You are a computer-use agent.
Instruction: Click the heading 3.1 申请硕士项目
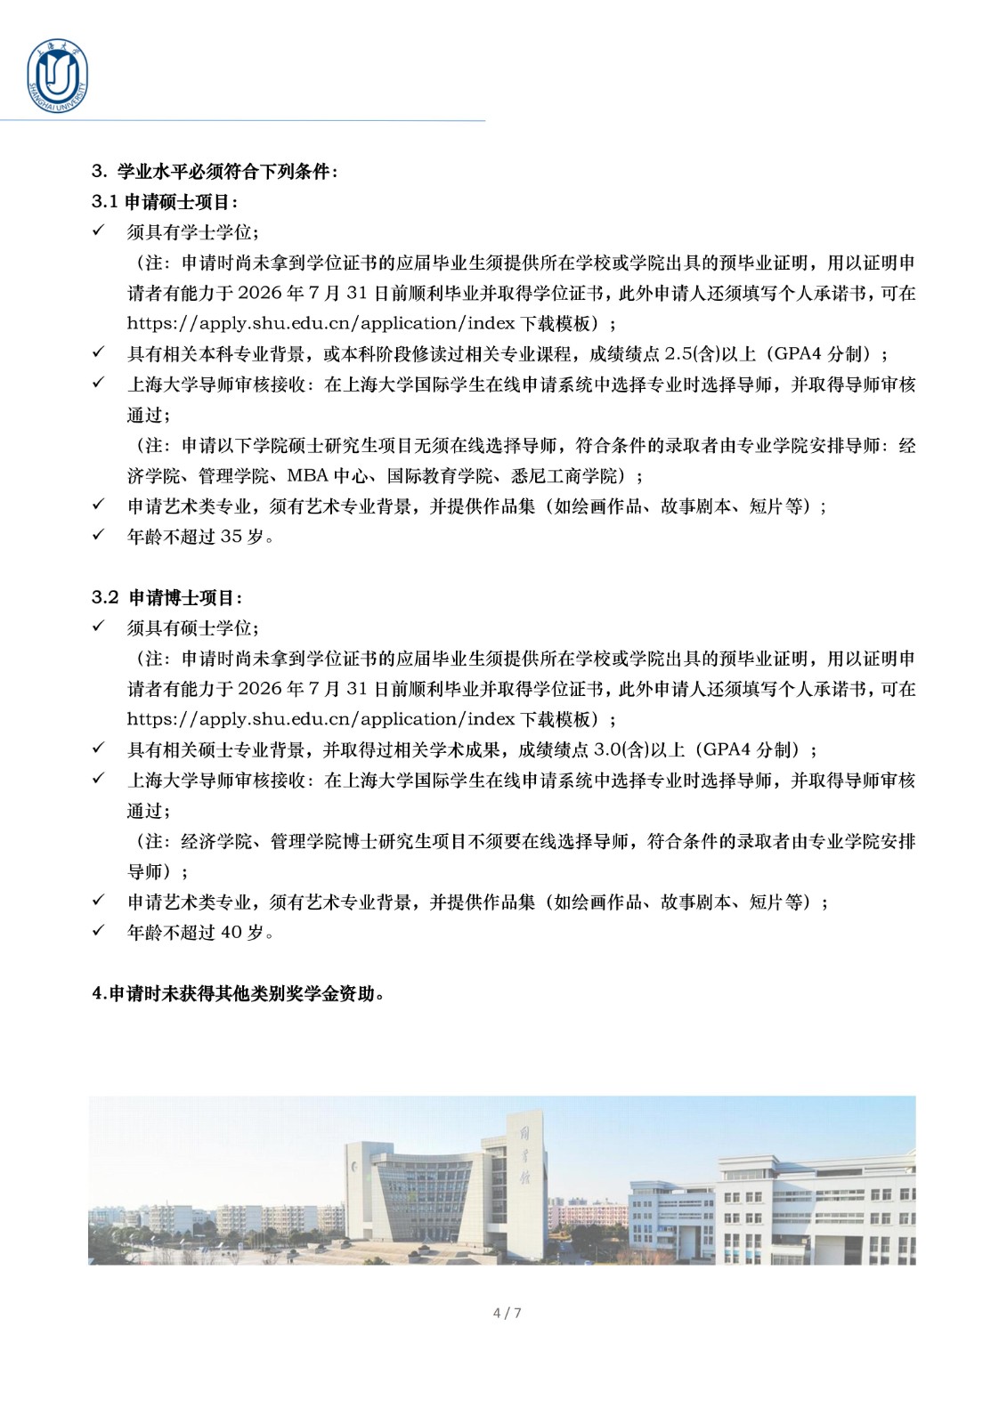pyautogui.click(x=165, y=202)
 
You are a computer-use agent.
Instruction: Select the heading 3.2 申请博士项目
pyautogui.click(x=166, y=597)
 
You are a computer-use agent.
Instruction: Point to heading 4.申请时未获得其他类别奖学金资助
pyautogui.click(x=239, y=994)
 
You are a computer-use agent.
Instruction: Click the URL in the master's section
pyautogui.click(x=318, y=324)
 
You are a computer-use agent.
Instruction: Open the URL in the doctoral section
pyautogui.click(x=318, y=719)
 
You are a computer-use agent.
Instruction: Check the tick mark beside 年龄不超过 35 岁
pyautogui.click(x=99, y=536)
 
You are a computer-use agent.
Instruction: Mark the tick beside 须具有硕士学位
pyautogui.click(x=99, y=627)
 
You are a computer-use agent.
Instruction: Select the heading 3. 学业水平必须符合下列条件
pyautogui.click(x=215, y=172)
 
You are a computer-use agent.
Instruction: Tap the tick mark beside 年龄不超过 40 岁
pyautogui.click(x=99, y=931)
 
